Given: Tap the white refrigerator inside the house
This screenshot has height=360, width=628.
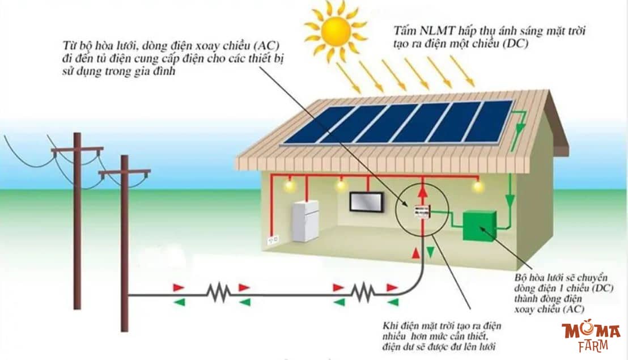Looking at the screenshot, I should click(305, 221).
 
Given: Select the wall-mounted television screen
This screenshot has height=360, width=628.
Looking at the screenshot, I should click(366, 202).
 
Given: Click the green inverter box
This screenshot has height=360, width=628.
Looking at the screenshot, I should click(480, 226).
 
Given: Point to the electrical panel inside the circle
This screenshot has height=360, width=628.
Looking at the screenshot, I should click(421, 212).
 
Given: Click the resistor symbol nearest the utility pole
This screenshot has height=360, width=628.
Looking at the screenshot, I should click(218, 293).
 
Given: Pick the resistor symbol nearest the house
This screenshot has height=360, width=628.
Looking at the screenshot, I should click(362, 293).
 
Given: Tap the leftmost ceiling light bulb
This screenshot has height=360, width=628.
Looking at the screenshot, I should click(290, 185).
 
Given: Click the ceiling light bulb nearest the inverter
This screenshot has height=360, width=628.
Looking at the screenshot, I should click(477, 186).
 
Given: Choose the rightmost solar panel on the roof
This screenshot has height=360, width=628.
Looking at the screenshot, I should click(488, 121).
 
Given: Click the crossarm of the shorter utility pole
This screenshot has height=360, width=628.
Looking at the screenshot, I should click(125, 172).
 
